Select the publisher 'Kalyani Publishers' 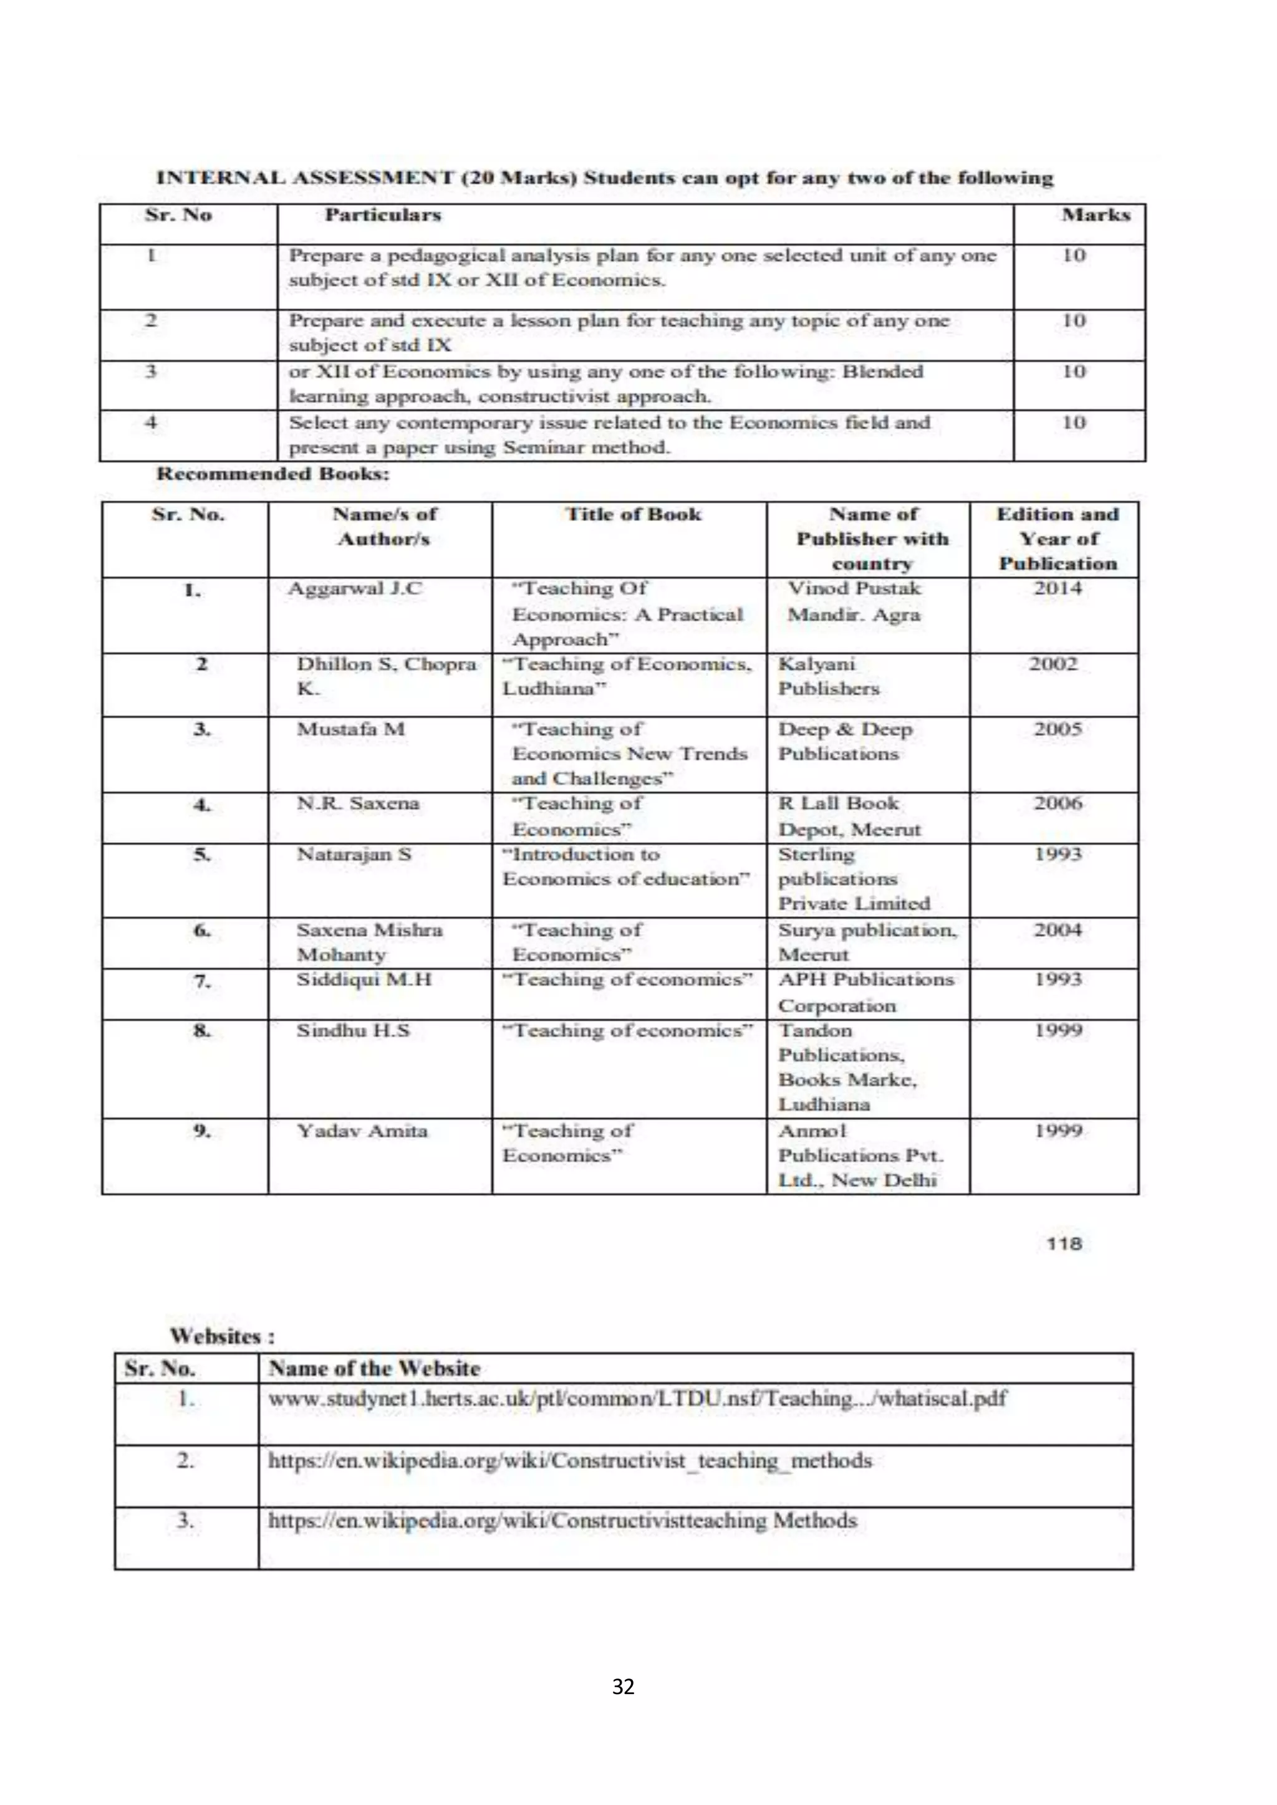pos(829,676)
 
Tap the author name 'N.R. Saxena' pos(358,803)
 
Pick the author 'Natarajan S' pos(354,855)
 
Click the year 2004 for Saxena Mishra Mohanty pos(1058,930)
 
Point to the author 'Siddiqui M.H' pos(364,980)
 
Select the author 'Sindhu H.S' pos(353,1031)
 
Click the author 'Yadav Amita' pos(362,1131)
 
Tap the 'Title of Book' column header pos(633,514)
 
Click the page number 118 pos(1065,1243)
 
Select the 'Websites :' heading pos(223,1336)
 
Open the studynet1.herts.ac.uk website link pos(637,1399)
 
